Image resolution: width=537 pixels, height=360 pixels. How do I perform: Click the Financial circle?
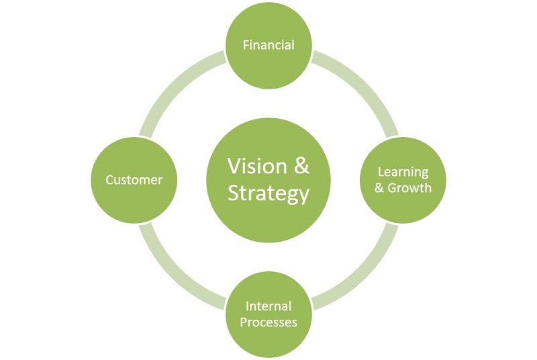[x=268, y=46]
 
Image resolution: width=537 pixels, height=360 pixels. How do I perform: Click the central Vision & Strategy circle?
[x=268, y=180]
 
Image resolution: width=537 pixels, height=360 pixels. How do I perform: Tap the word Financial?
[x=268, y=46]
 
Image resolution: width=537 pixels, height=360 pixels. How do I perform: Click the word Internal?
[x=268, y=306]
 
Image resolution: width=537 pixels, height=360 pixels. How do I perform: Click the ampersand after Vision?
[x=301, y=167]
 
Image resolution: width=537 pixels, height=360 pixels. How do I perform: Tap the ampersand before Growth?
[x=379, y=188]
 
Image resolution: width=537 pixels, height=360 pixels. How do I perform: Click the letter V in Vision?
[x=234, y=167]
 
